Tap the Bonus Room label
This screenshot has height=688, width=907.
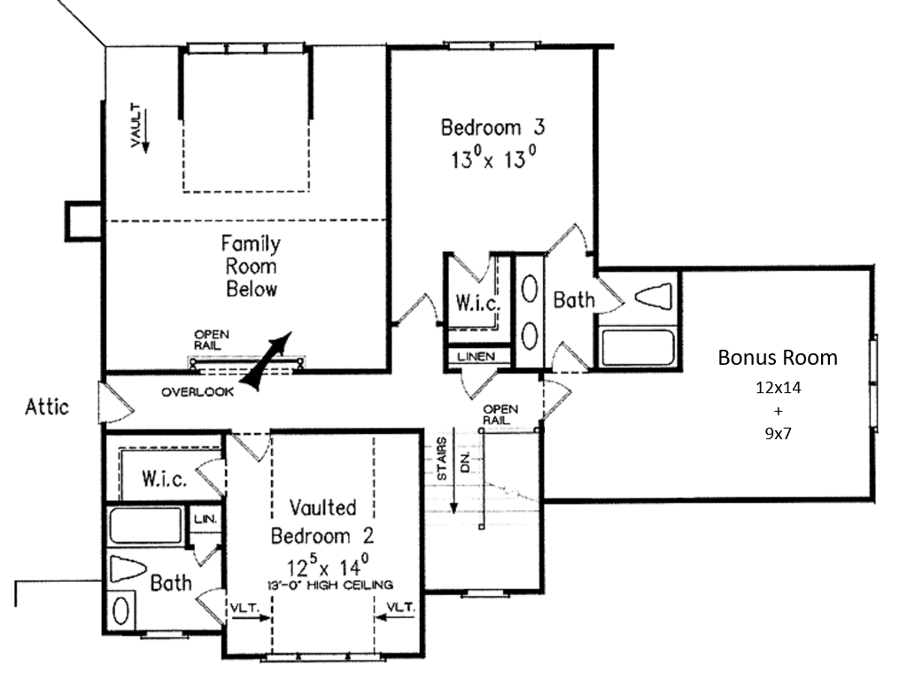778,358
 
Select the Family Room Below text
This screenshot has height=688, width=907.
251,266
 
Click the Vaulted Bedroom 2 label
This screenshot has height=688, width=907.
322,522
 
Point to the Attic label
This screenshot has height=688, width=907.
47,407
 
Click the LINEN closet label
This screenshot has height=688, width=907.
476,357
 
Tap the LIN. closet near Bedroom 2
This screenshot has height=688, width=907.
205,519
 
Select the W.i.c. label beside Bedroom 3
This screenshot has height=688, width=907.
477,302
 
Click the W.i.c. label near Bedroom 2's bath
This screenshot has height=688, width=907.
164,479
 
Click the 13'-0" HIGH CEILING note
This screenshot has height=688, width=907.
330,585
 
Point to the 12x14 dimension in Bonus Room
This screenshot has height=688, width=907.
778,387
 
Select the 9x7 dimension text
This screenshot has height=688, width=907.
778,434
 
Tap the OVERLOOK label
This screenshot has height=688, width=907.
198,392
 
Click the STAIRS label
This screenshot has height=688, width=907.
442,459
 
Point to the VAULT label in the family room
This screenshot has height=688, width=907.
136,125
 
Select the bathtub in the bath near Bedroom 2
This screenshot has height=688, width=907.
147,525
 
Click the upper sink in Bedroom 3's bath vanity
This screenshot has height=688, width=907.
530,288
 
